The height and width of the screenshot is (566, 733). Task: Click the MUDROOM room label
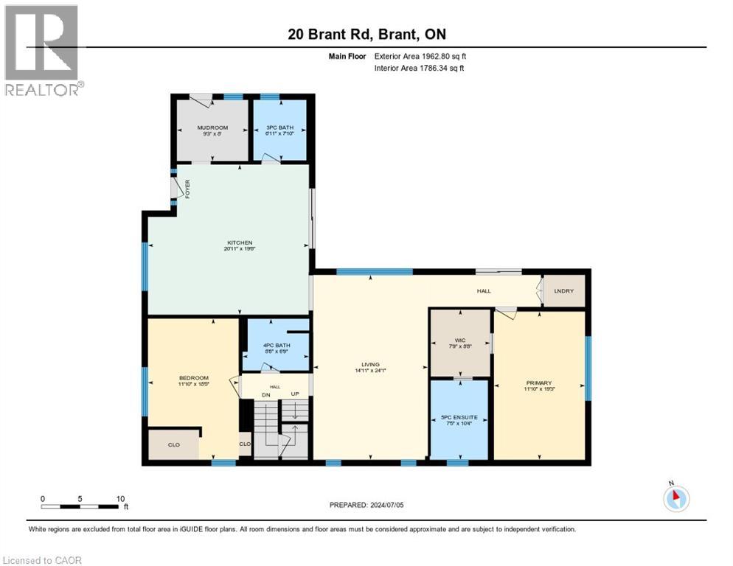click(x=212, y=127)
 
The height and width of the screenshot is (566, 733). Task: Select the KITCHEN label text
click(x=240, y=242)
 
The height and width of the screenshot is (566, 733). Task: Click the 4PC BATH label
click(x=277, y=345)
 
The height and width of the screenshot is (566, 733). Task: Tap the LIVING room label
click(x=369, y=364)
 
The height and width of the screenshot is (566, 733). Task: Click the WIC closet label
click(x=460, y=340)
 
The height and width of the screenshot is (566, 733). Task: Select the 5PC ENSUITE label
click(x=459, y=417)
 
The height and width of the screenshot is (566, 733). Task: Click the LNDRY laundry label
click(x=563, y=291)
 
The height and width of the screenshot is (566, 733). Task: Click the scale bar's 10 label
click(x=120, y=498)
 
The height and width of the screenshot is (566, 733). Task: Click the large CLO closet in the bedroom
click(x=174, y=444)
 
